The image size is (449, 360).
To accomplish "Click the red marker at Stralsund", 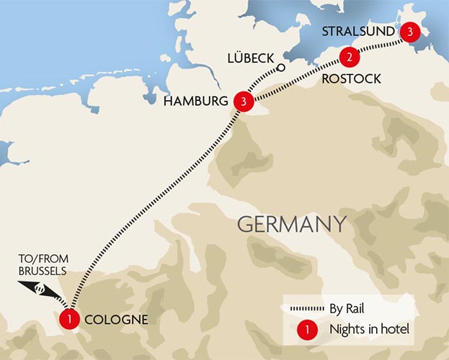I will tap(409, 32).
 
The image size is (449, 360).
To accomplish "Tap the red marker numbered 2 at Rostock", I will tap(349, 57).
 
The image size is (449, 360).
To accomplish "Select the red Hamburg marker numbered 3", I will tap(244, 102).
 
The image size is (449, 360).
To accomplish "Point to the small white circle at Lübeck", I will tap(281, 68).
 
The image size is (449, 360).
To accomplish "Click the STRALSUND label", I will tap(357, 32).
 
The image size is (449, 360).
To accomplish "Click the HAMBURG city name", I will tap(196, 102).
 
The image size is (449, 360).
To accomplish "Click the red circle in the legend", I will tap(308, 331).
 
